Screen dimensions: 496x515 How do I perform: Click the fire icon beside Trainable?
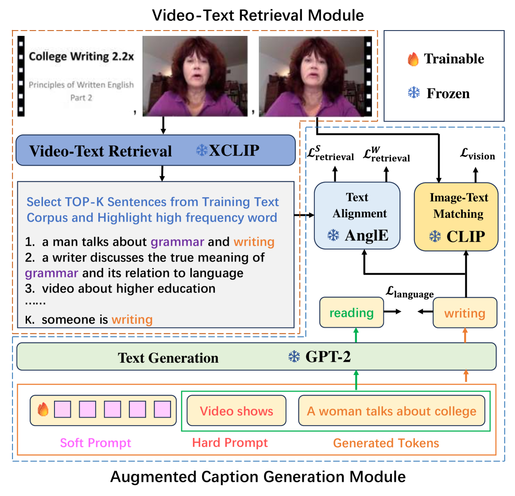coord(413,59)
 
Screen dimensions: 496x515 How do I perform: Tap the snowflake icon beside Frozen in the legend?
coord(414,93)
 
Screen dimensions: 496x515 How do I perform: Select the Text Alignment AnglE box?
coord(357,215)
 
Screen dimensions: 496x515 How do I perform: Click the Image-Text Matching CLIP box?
coord(456,217)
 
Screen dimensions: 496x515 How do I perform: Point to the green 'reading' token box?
coord(352,313)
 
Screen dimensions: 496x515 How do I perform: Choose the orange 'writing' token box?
coord(465,313)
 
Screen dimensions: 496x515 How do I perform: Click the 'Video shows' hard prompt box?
coord(236,411)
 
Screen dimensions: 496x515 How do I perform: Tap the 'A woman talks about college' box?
coord(391,411)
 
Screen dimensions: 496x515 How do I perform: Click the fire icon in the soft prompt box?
coord(43,410)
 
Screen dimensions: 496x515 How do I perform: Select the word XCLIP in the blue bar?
coord(234,151)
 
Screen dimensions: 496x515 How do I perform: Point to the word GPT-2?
coord(328,357)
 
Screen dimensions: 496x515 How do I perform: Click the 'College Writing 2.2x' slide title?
coord(81,57)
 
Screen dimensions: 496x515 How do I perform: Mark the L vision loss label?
coord(477,155)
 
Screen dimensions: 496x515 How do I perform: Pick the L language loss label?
coord(410,292)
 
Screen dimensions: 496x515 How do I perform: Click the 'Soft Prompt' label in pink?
coord(96,443)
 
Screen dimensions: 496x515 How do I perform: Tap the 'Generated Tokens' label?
coord(386,443)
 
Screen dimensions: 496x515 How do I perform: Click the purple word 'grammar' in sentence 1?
coord(177,242)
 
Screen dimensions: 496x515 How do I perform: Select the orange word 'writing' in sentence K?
coord(132,319)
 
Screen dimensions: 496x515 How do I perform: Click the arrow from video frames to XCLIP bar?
coord(163,125)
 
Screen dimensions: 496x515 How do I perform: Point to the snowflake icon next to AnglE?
coord(333,235)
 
